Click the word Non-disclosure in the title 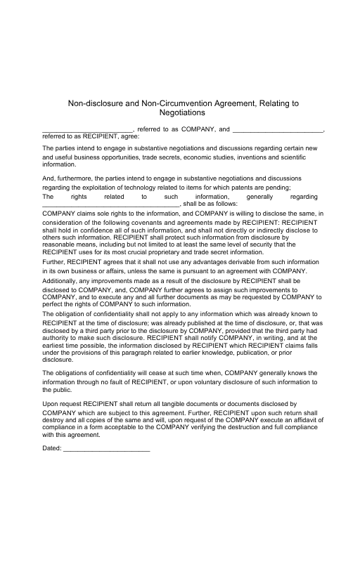tap(94, 103)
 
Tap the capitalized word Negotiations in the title tap(182, 112)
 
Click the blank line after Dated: tap(106, 448)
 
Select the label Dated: tap(52, 447)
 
